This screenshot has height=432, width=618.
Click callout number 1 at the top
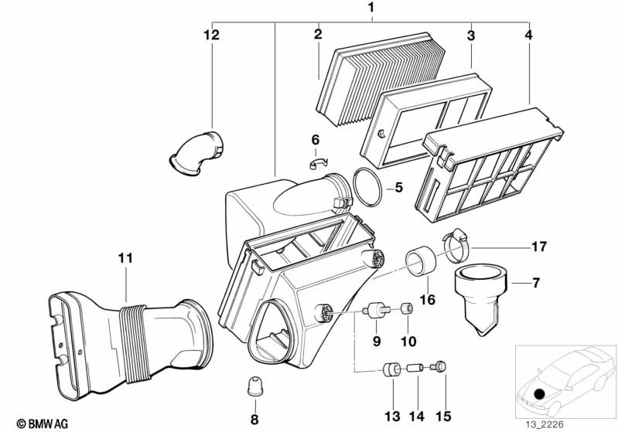point(371,9)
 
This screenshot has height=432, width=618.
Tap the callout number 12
point(211,35)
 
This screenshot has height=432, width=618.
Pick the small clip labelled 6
point(318,162)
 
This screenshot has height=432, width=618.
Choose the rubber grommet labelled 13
point(392,369)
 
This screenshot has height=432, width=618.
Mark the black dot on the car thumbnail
point(538,394)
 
